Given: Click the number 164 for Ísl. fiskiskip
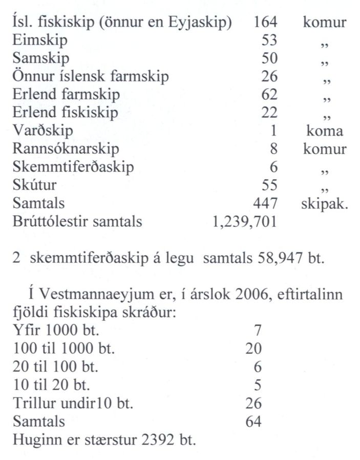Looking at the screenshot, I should [x=265, y=23].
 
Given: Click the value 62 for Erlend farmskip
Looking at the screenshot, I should [x=269, y=95].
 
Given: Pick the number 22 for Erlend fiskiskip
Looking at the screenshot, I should [x=269, y=113].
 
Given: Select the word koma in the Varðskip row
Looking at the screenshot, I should [x=324, y=131].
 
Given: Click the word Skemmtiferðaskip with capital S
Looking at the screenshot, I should [x=73, y=167].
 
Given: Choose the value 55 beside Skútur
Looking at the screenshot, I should [x=269, y=185].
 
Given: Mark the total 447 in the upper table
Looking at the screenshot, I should [x=265, y=203].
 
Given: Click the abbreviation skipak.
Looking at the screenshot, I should [x=324, y=204].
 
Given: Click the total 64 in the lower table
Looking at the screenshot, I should [x=253, y=422].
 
